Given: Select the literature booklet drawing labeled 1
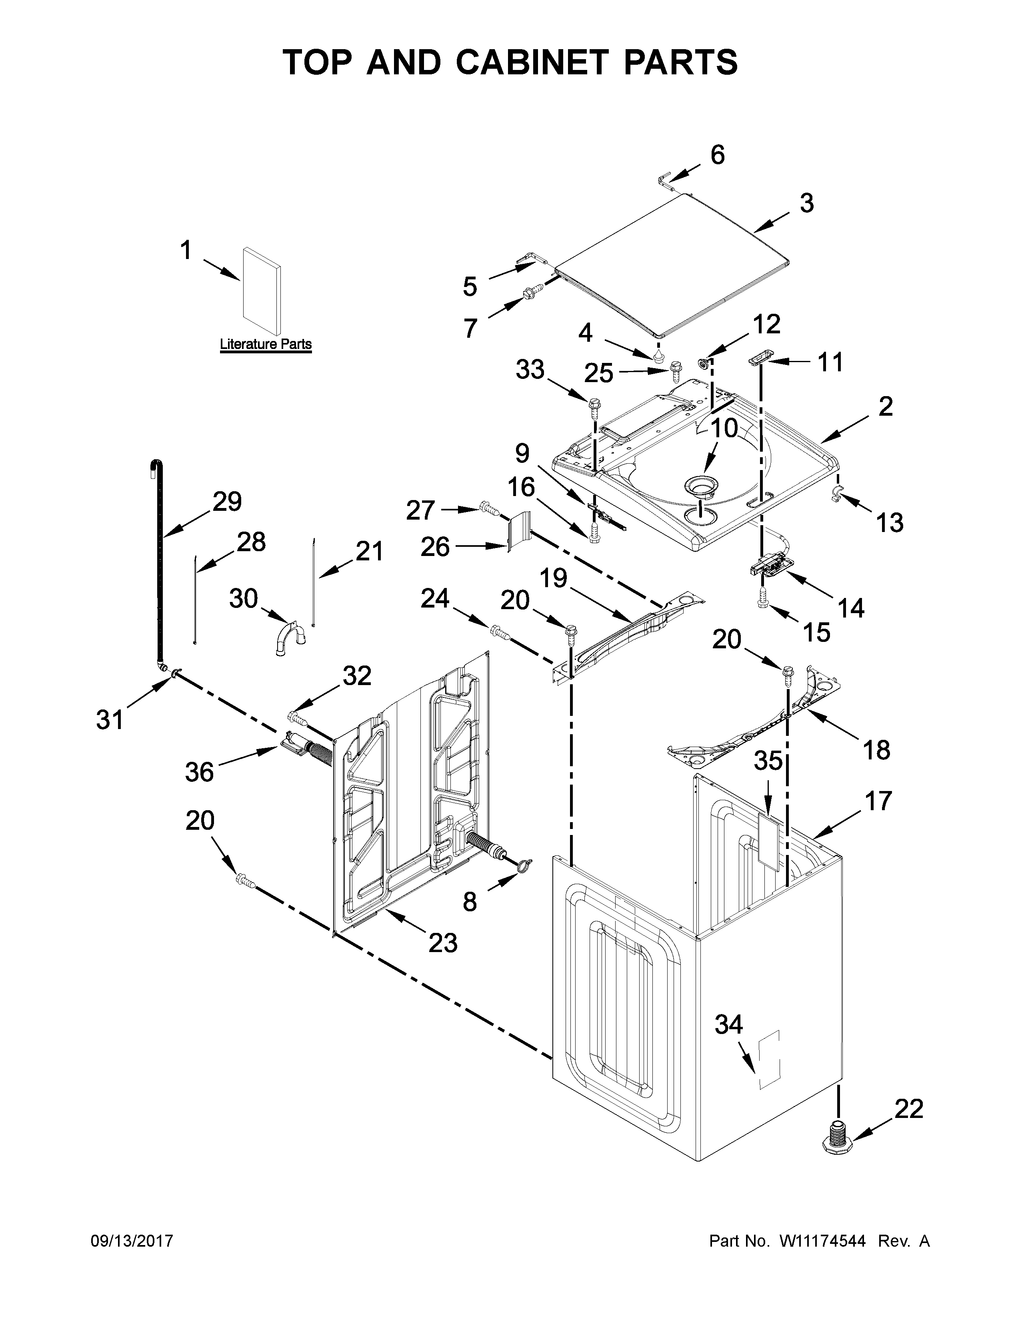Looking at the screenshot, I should pos(261,291).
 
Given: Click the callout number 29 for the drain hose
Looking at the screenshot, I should pos(226,501).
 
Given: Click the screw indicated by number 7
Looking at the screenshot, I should pos(529,294).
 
